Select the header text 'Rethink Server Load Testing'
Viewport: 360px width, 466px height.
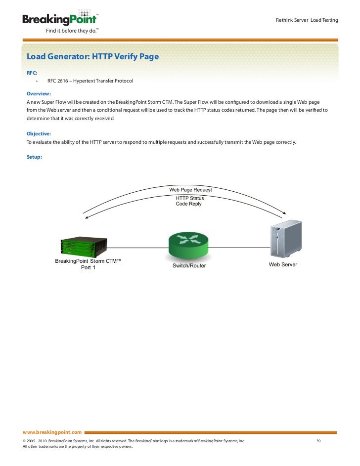tap(307, 20)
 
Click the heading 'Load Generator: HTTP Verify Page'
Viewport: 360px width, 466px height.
tap(92, 57)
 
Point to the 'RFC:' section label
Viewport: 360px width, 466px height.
tap(32, 73)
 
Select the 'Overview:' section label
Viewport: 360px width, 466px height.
tap(39, 93)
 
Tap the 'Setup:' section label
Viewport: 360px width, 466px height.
tap(34, 157)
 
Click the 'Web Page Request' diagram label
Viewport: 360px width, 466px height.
tap(190, 190)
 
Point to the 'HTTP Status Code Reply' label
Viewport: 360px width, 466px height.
tap(189, 201)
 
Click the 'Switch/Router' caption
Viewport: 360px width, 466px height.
tap(189, 266)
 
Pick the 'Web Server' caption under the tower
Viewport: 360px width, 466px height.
tap(283, 265)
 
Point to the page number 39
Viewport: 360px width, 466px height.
tap(319, 440)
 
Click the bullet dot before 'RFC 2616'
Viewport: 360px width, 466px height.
tap(37, 81)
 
